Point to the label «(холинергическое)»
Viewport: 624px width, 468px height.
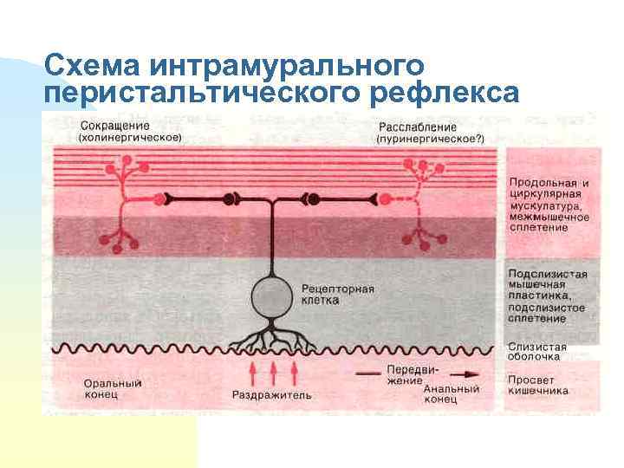(129, 137)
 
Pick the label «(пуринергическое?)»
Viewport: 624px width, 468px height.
(430, 138)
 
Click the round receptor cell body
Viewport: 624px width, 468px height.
(274, 297)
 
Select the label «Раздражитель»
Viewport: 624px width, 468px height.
(272, 396)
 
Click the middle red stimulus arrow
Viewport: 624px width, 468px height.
(274, 373)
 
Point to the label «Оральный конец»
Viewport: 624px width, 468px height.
(114, 388)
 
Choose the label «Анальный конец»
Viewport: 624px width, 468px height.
(452, 394)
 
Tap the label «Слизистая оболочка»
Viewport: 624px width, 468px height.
(537, 350)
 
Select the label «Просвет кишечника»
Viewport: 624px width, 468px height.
(538, 385)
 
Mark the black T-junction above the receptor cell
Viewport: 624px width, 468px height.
(274, 199)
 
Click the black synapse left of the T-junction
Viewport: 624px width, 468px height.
(231, 198)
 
